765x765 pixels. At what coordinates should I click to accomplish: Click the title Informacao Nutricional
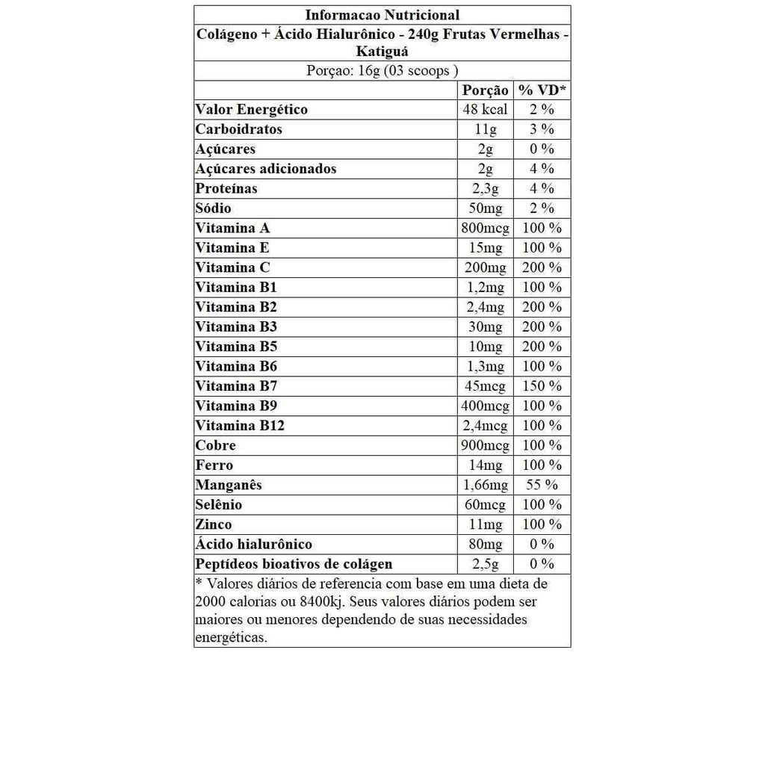click(x=382, y=15)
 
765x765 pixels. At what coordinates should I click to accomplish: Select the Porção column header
click(x=486, y=90)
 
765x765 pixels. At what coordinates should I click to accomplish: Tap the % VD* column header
click(x=542, y=90)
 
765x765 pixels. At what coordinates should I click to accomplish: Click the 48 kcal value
click(x=486, y=110)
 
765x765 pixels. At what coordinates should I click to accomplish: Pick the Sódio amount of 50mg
click(x=486, y=208)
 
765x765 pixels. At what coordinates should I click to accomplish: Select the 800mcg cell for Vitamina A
click(x=486, y=229)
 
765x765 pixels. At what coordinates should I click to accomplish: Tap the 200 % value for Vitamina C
click(x=542, y=267)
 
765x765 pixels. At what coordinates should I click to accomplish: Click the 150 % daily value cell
click(x=542, y=386)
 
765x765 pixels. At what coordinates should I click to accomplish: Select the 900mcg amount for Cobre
click(x=486, y=446)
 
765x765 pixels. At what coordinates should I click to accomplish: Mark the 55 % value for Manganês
click(x=542, y=486)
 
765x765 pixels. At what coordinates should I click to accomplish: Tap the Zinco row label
click(x=214, y=524)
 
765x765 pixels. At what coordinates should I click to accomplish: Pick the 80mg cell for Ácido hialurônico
click(x=486, y=545)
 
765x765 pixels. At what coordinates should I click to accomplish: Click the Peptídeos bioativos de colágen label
click(x=294, y=564)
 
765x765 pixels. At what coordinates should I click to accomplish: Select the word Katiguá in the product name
click(x=382, y=52)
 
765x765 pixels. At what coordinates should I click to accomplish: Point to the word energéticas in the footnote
click(x=231, y=638)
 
